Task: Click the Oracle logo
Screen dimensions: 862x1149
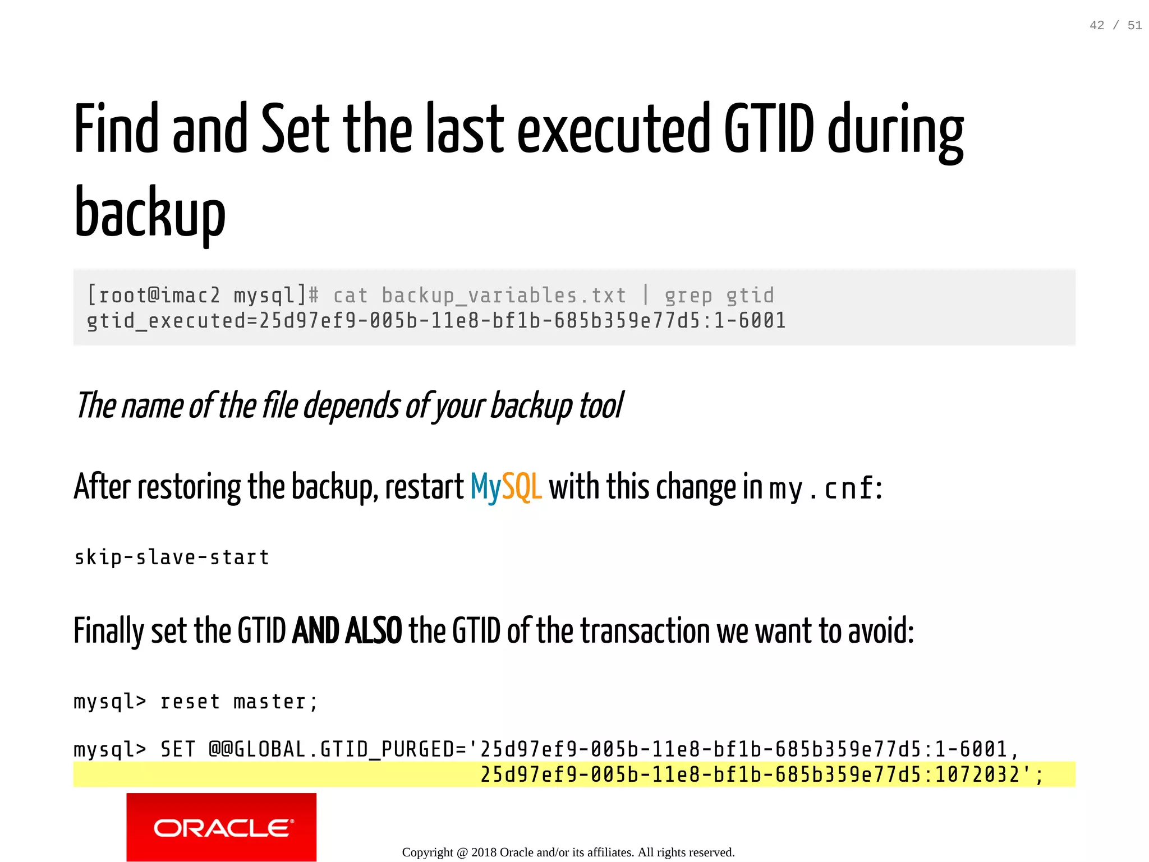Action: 222,827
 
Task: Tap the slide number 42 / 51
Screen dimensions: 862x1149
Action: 1115,25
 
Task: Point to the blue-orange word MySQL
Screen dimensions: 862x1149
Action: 506,486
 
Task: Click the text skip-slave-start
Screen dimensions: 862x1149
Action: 172,557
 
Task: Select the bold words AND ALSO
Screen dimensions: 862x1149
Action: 347,631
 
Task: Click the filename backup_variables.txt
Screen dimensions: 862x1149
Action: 503,296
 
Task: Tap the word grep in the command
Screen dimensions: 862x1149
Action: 688,296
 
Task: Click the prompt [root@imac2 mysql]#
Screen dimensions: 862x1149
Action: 203,295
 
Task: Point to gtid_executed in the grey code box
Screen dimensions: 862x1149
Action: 166,321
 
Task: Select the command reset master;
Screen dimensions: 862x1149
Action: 239,702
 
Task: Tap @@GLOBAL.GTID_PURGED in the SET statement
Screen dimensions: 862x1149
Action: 337,749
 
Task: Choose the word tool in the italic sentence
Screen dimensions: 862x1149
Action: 601,405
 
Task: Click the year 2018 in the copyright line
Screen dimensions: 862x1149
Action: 484,852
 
